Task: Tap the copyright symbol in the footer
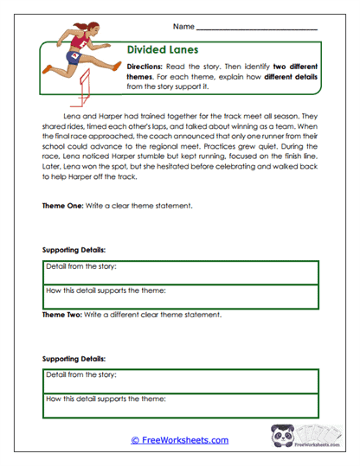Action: click(x=135, y=440)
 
